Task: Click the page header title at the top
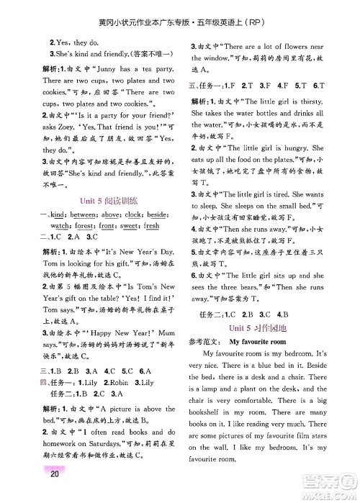click(x=180, y=9)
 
